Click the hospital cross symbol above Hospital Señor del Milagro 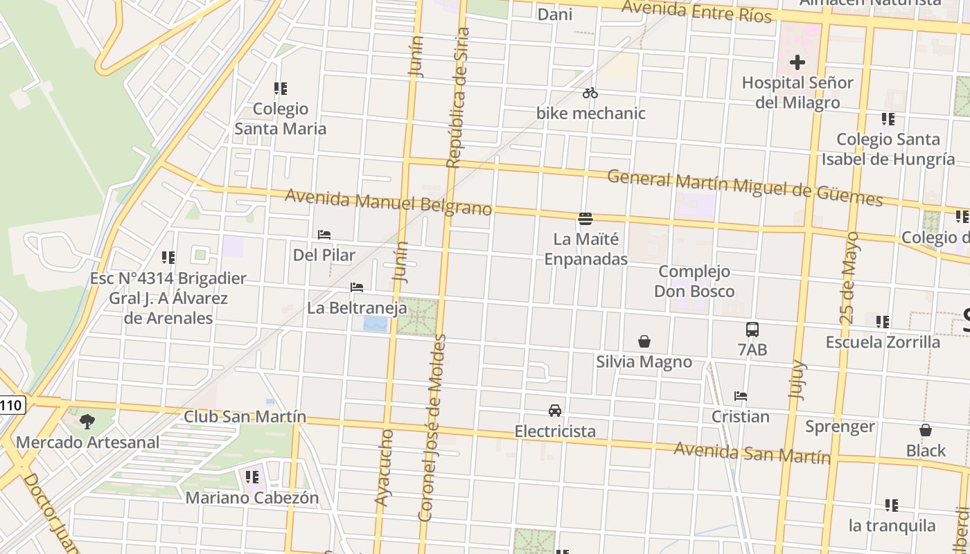(797, 62)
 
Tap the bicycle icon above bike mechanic (590, 93)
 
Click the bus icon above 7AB (752, 330)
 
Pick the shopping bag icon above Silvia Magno (644, 341)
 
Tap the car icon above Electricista (555, 411)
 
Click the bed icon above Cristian (741, 397)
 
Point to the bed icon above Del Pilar (324, 235)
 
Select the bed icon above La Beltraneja (357, 287)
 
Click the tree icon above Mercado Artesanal (87, 421)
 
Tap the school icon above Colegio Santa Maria (281, 89)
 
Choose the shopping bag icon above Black (926, 430)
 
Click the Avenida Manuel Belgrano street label (388, 202)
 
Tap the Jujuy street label (798, 378)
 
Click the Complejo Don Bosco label (694, 281)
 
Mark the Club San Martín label (245, 416)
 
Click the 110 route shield (12, 405)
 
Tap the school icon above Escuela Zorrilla (883, 322)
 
